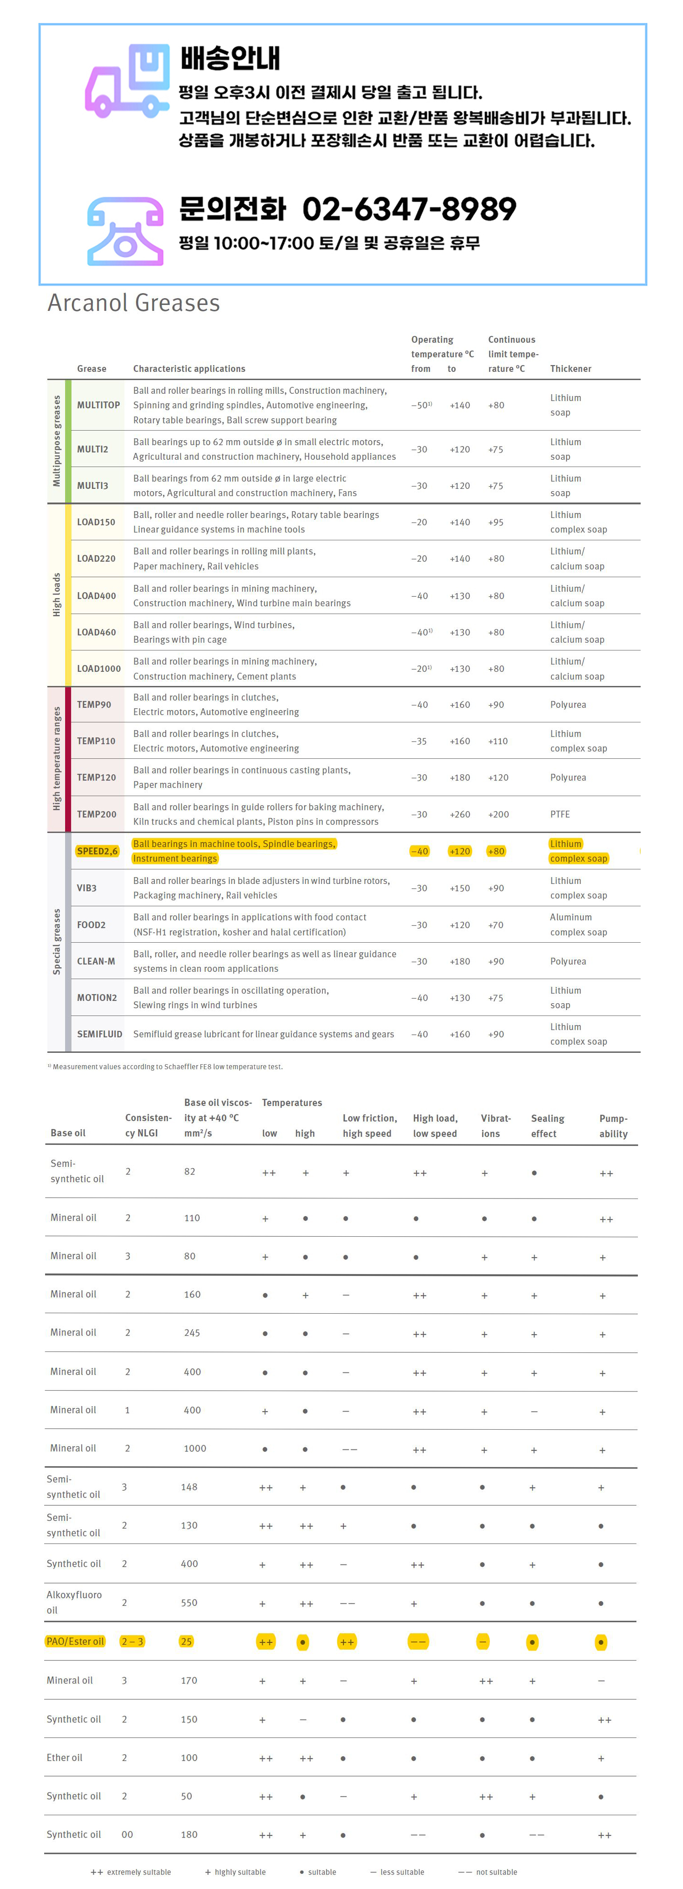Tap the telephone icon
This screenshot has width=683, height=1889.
click(126, 231)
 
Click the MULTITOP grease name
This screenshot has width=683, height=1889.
click(98, 405)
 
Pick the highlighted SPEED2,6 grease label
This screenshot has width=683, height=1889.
click(97, 851)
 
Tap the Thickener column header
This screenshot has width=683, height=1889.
click(570, 369)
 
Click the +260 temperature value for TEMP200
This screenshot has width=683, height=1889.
click(460, 814)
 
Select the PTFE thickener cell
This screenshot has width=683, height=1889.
click(560, 814)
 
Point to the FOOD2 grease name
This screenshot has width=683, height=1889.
click(91, 925)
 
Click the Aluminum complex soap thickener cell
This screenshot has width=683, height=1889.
click(578, 925)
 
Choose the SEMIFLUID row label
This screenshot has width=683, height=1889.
click(100, 1034)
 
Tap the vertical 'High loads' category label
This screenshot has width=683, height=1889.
click(56, 595)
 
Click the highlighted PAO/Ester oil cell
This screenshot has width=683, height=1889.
click(75, 1641)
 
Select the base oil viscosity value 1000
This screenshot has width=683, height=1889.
click(194, 1448)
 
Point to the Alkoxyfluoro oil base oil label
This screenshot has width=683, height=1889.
click(74, 1602)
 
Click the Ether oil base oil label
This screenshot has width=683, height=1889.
click(65, 1758)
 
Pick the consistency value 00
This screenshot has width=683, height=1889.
click(127, 1835)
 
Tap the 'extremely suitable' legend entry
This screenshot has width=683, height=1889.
click(131, 1872)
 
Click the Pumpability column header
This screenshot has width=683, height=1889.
click(613, 1126)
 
